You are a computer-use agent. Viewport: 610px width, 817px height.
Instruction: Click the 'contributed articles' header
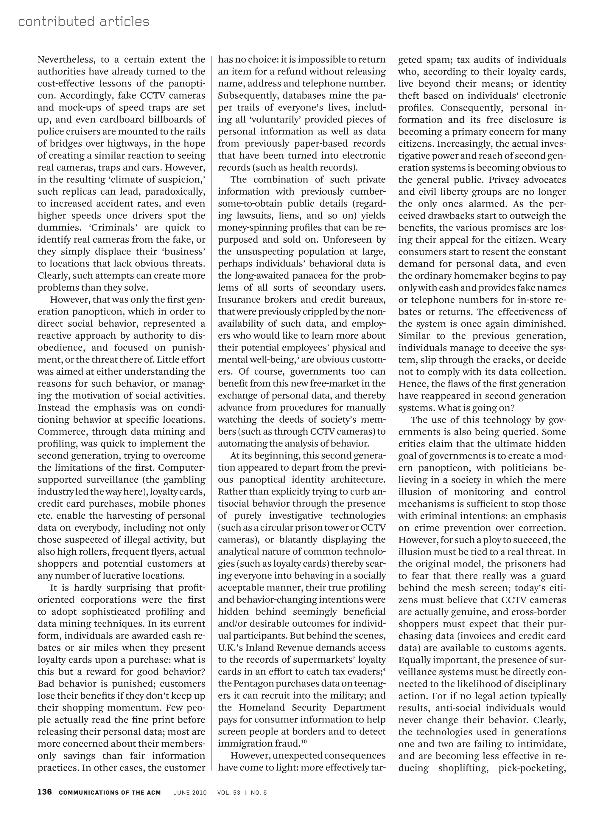pos(83,22)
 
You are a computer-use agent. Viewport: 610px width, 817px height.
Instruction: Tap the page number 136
pos(45,792)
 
